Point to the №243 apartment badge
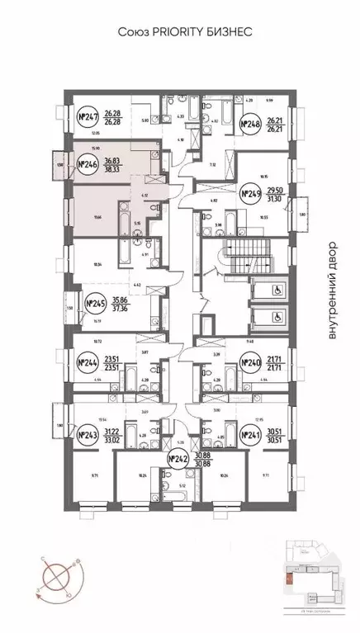pyautogui.click(x=87, y=435)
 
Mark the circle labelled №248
pyautogui.click(x=249, y=125)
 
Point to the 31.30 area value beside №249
pyautogui.click(x=278, y=199)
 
